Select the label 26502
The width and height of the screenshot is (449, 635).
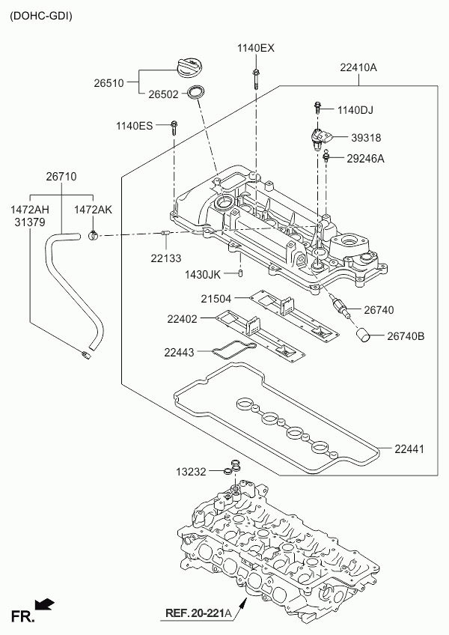163,95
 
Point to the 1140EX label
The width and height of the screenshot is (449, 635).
256,48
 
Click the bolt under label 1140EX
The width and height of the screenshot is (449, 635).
256,77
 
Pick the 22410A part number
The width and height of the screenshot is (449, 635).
358,67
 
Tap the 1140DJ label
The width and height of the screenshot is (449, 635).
355,110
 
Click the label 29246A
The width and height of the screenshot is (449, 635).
365,158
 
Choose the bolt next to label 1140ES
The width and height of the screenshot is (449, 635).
174,127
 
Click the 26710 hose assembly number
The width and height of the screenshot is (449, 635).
61,177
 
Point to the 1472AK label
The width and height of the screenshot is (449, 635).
93,210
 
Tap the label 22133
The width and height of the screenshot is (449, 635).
165,257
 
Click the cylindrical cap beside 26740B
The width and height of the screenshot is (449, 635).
364,335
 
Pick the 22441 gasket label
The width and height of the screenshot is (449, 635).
409,449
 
